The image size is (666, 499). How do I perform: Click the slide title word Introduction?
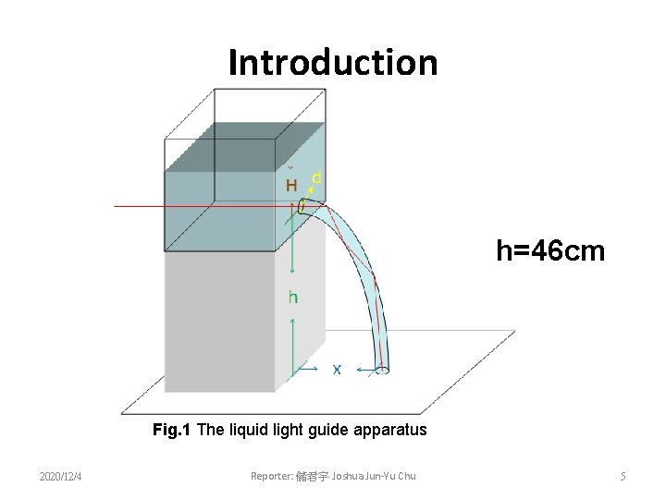[x=333, y=63]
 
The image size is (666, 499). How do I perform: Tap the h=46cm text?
[x=550, y=249]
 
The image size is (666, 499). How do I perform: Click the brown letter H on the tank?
[x=291, y=186]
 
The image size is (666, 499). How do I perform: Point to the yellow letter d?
[x=316, y=176]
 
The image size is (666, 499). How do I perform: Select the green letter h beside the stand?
[x=293, y=297]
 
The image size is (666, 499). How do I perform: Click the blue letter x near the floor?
[x=337, y=369]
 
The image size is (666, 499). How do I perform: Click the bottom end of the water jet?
[x=381, y=369]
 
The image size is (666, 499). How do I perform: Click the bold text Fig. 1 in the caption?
[x=174, y=430]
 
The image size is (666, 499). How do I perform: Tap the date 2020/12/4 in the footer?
[x=60, y=476]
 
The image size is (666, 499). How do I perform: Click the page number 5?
[x=623, y=476]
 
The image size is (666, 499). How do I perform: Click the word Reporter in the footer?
[x=271, y=476]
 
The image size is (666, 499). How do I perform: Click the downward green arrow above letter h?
[x=292, y=249]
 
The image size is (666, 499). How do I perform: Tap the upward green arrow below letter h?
[x=292, y=342]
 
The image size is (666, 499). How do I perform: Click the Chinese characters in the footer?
[x=311, y=476]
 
